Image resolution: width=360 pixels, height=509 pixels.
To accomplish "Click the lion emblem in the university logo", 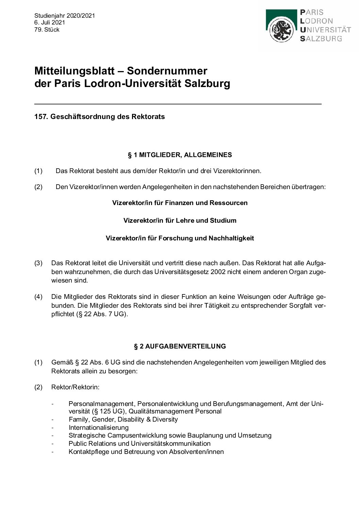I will pyautogui.click(x=281, y=30).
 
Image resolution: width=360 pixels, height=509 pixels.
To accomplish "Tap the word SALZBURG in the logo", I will pyautogui.click(x=321, y=39).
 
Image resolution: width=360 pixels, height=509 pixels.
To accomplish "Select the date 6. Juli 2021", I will pyautogui.click(x=49, y=22).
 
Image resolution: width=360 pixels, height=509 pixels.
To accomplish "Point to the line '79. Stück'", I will pyautogui.click(x=47, y=30).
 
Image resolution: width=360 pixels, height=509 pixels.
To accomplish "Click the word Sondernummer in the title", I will pyautogui.click(x=167, y=71).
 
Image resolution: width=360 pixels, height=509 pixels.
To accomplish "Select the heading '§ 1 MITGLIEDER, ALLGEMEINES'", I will pyautogui.click(x=180, y=155).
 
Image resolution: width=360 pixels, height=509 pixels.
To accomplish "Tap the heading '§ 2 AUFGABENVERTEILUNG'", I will pyautogui.click(x=180, y=346).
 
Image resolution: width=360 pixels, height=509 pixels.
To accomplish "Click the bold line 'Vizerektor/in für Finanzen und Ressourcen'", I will pyautogui.click(x=180, y=203).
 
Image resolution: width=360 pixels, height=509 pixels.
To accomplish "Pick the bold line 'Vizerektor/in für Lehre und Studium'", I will pyautogui.click(x=180, y=221).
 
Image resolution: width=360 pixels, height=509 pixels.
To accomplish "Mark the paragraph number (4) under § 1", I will pyautogui.click(x=38, y=297).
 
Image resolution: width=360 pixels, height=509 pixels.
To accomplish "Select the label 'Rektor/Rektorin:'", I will pyautogui.click(x=75, y=387).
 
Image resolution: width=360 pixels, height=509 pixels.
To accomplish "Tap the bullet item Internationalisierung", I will pyautogui.click(x=98, y=427).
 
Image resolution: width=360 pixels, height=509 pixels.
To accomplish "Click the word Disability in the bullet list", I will pyautogui.click(x=131, y=419).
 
